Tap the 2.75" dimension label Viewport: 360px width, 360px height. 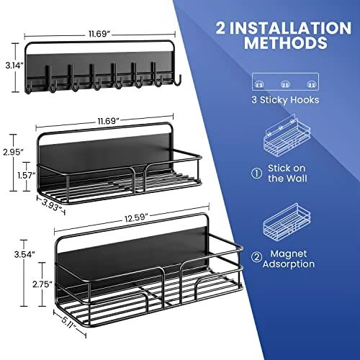(23, 285)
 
